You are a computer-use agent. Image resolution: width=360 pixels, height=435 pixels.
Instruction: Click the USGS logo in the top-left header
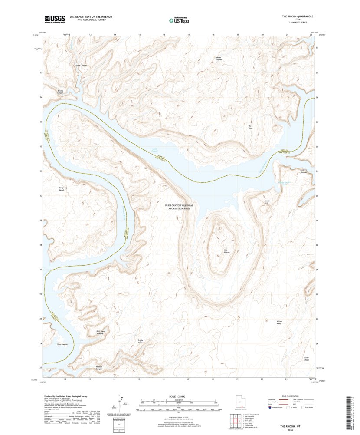tap(54, 19)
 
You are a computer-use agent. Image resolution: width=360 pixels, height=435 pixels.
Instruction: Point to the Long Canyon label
tap(81, 66)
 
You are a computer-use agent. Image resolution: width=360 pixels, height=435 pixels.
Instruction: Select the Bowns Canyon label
tap(60, 92)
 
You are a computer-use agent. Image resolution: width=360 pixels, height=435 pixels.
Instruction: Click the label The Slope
tap(249, 127)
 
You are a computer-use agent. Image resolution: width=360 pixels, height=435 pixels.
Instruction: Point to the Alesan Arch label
tap(267, 202)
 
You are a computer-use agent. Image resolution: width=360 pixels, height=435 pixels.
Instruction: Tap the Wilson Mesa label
tap(280, 322)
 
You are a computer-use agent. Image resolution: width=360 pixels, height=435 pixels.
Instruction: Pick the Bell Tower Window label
tap(101, 333)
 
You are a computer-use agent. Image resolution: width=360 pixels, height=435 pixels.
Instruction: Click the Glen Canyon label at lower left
tap(62, 344)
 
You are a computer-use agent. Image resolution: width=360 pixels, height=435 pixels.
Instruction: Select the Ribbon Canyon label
tap(98, 367)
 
